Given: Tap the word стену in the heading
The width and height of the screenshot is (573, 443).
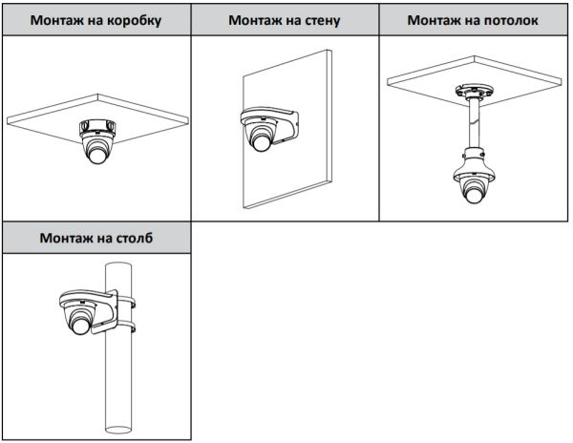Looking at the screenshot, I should click(319, 20).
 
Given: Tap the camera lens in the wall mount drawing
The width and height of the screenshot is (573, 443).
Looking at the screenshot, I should click(261, 142).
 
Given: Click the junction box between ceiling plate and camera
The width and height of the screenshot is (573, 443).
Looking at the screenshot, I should click(98, 125).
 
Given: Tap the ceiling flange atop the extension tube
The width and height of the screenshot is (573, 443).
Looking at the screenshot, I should click(475, 94).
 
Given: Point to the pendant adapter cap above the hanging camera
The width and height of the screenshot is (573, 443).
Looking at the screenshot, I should click(475, 154).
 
